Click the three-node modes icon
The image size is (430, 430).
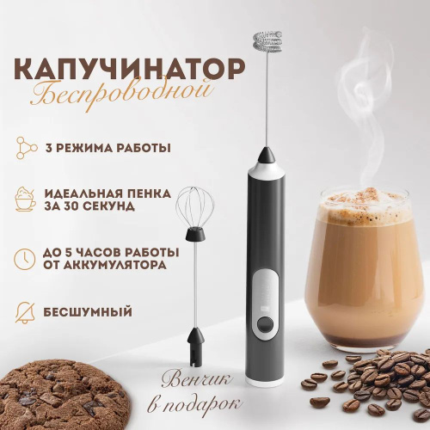tap(27, 148)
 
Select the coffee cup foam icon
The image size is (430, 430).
tap(26, 199)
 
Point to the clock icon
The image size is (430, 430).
tap(25, 259)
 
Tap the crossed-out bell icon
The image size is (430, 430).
tap(25, 312)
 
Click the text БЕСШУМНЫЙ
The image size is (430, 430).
tap(88, 312)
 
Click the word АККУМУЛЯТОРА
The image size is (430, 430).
tap(115, 265)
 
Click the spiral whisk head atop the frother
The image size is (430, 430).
tap(267, 43)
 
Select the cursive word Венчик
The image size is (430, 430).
tap(197, 380)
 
